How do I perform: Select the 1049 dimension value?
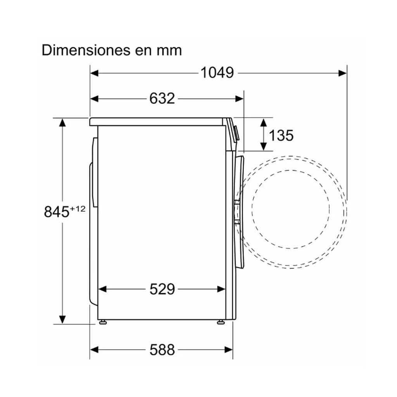[217, 73]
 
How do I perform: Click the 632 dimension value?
[162, 98]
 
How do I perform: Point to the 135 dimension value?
[281, 135]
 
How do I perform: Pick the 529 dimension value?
[162, 289]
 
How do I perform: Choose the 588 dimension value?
[162, 350]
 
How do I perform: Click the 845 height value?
[57, 212]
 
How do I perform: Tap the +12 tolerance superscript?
[78, 209]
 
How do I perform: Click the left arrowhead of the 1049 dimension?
[94, 73]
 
